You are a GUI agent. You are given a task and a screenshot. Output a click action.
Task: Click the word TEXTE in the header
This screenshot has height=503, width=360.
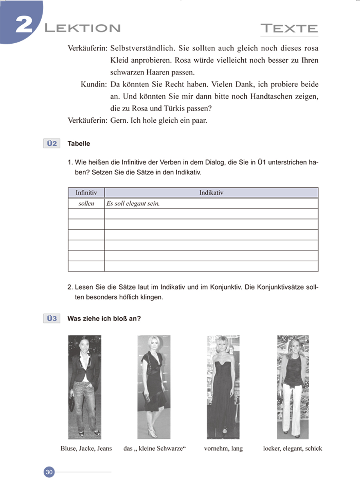pyautogui.click(x=289, y=28)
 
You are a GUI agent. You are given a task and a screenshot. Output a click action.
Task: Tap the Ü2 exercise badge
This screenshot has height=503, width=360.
pyautogui.click(x=51, y=144)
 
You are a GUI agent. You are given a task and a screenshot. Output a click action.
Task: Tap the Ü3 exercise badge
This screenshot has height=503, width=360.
pyautogui.click(x=51, y=319)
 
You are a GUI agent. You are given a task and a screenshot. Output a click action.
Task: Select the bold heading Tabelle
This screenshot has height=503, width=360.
pyautogui.click(x=79, y=144)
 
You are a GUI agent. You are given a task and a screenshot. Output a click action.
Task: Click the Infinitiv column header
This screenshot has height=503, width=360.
pyautogui.click(x=86, y=193)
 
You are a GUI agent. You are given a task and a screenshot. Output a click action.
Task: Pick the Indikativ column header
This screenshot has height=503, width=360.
pyautogui.click(x=211, y=193)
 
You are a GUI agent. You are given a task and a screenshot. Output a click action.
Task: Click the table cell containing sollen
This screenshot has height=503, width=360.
pyautogui.click(x=86, y=204)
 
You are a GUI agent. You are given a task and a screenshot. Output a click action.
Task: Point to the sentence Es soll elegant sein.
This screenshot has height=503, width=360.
pyautogui.click(x=133, y=204)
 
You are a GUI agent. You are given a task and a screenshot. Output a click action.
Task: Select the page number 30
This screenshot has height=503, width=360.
pyautogui.click(x=49, y=472)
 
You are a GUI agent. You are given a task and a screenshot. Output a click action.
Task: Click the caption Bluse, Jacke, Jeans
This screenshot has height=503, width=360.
pyautogui.click(x=86, y=449)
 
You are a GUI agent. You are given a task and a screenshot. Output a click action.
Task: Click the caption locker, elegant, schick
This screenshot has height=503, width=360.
pyautogui.click(x=292, y=449)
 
